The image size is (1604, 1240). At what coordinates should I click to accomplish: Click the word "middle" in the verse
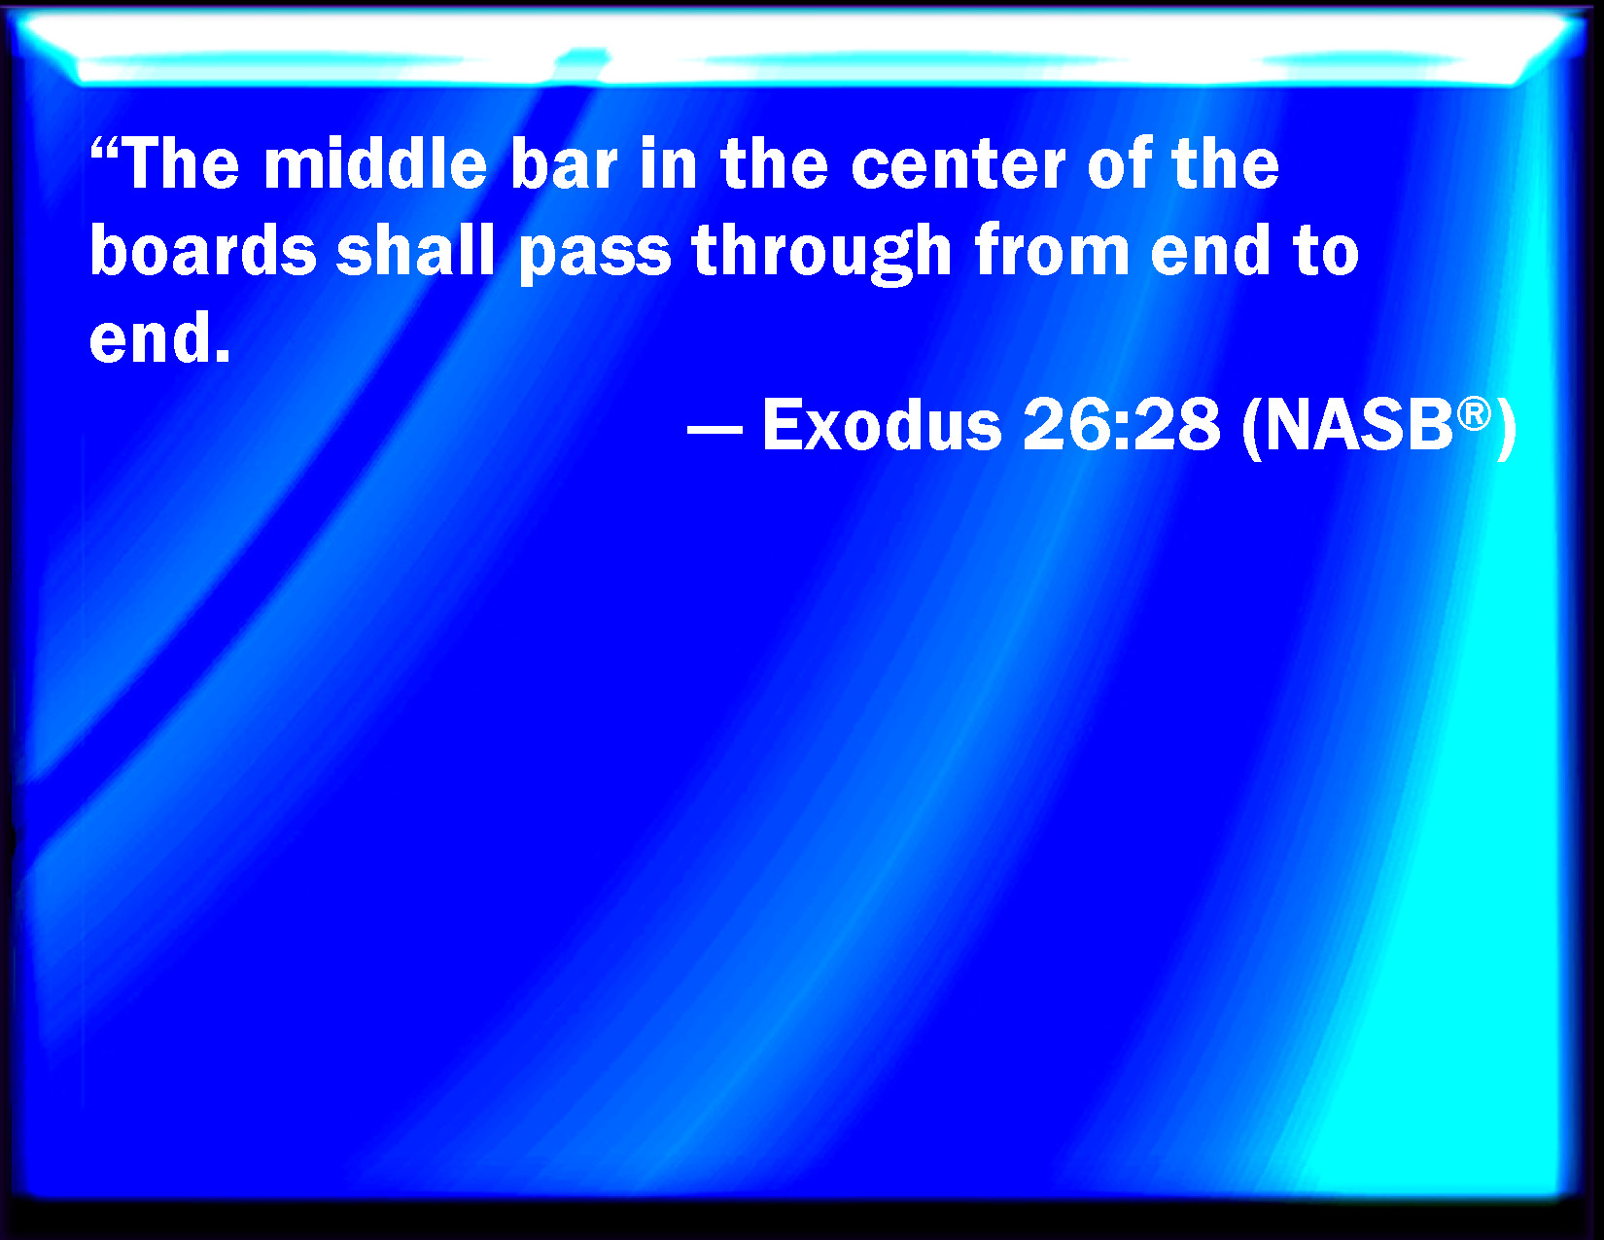(375, 163)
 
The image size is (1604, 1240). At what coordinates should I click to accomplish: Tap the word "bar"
(564, 163)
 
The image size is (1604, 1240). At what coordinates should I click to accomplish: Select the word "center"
(959, 166)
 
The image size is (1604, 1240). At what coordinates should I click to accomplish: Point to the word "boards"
(203, 250)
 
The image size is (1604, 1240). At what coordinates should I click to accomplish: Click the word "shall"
(415, 250)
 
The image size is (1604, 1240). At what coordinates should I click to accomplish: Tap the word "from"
(1052, 250)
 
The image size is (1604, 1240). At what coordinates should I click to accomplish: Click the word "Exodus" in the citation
(882, 425)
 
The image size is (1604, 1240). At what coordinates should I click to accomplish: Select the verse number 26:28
(1121, 425)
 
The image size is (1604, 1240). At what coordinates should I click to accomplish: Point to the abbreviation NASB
(1359, 425)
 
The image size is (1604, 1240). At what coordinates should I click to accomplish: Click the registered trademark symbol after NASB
(1474, 413)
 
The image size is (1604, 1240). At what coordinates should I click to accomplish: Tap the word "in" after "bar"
(669, 163)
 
